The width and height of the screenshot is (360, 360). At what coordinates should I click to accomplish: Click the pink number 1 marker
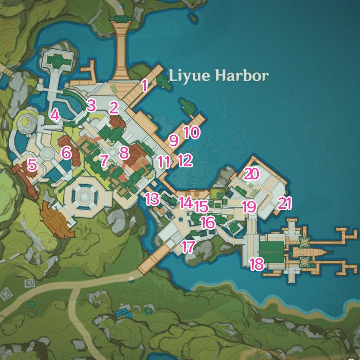[144, 86]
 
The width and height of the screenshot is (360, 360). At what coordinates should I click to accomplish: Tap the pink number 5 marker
[32, 165]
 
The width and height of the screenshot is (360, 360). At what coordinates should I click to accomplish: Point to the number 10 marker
[191, 132]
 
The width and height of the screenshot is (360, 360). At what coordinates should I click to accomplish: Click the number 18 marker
[257, 264]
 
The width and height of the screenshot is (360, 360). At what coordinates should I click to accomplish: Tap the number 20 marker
[251, 174]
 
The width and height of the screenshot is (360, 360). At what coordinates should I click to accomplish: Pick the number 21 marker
[284, 203]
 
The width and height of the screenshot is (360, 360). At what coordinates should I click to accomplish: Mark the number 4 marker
[55, 115]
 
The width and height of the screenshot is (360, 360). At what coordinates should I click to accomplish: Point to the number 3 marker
[91, 106]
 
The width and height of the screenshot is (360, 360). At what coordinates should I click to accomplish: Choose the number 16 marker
[208, 222]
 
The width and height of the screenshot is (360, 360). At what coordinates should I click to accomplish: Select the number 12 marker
[185, 160]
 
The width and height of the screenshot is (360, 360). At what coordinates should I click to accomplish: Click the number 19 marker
[249, 207]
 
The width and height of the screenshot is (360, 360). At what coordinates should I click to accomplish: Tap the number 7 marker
[104, 160]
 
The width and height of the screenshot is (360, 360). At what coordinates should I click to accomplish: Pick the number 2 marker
[114, 107]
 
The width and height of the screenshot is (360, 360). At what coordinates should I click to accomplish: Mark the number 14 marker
[186, 203]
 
